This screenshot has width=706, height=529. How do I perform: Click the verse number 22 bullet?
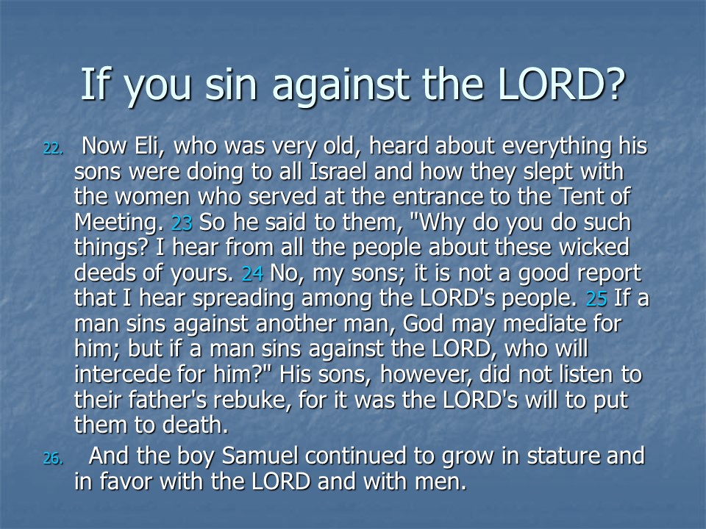click(x=53, y=148)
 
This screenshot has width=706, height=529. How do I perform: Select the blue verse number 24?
click(x=252, y=273)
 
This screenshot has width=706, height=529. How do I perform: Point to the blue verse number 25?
click(x=596, y=299)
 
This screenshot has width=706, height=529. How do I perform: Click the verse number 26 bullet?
click(x=53, y=458)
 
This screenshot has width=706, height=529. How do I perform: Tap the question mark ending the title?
click(x=613, y=84)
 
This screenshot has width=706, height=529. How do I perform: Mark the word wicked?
click(x=594, y=248)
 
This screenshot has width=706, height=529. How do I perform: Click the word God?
click(x=423, y=324)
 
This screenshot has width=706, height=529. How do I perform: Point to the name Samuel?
click(x=260, y=456)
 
